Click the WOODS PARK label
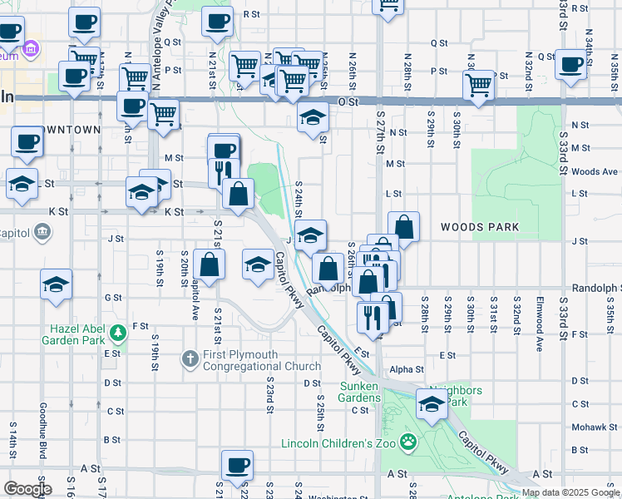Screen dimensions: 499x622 480,227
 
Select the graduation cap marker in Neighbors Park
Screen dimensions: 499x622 432,406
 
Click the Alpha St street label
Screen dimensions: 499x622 407,369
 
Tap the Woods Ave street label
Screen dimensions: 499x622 595,171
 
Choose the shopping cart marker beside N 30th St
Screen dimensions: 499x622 479,85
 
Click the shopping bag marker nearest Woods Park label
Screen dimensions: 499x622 403,225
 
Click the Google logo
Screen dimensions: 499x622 27,489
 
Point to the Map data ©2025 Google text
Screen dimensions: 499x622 570,492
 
